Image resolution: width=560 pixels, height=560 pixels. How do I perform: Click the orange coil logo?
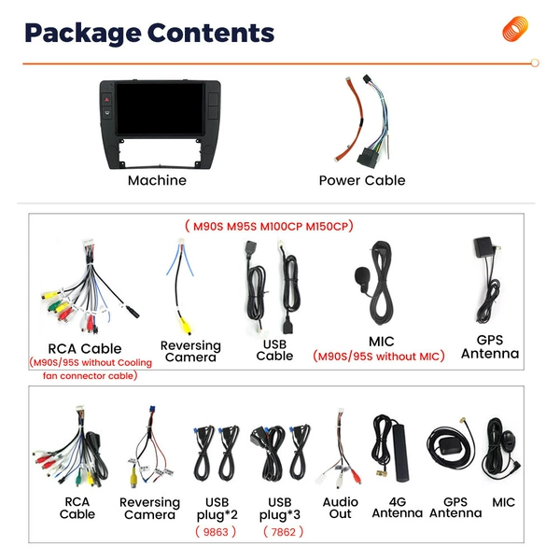tap(515, 29)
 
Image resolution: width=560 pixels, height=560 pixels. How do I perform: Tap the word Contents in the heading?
tap(211, 33)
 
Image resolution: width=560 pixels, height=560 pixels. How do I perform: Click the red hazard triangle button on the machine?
tap(106, 99)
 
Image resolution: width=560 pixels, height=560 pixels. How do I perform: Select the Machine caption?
tap(157, 180)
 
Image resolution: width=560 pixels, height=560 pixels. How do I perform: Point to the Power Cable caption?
tap(362, 180)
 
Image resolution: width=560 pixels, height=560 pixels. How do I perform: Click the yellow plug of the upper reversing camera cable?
tap(185, 326)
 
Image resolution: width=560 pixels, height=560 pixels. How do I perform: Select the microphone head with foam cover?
tap(362, 276)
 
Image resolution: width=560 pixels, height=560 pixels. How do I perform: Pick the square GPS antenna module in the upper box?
tap(483, 246)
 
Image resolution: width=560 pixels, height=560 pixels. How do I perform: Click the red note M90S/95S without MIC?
tap(379, 357)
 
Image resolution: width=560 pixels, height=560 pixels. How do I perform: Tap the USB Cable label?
tap(274, 350)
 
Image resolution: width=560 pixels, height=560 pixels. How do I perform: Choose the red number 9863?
tap(216, 532)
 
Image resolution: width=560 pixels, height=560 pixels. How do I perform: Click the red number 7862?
tap(283, 532)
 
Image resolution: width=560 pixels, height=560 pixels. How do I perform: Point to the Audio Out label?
tap(341, 508)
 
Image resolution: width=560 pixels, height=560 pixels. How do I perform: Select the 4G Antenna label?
tap(398, 508)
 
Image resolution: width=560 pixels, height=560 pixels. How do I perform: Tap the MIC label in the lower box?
tap(504, 502)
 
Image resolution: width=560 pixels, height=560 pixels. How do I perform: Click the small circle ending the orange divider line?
tap(535, 63)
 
